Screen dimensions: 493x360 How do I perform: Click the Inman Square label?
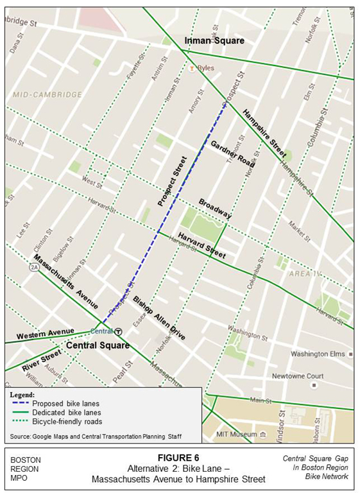pos(214,41)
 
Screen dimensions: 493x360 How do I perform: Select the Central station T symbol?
pos(118,332)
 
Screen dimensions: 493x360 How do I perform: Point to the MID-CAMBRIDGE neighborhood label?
pos(47,94)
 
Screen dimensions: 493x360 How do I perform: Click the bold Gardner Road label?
pos(232,153)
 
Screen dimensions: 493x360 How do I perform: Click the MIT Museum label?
pos(235,435)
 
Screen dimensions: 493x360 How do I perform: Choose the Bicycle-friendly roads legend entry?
pos(70,421)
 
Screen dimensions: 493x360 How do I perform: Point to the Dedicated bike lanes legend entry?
pos(69,412)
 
